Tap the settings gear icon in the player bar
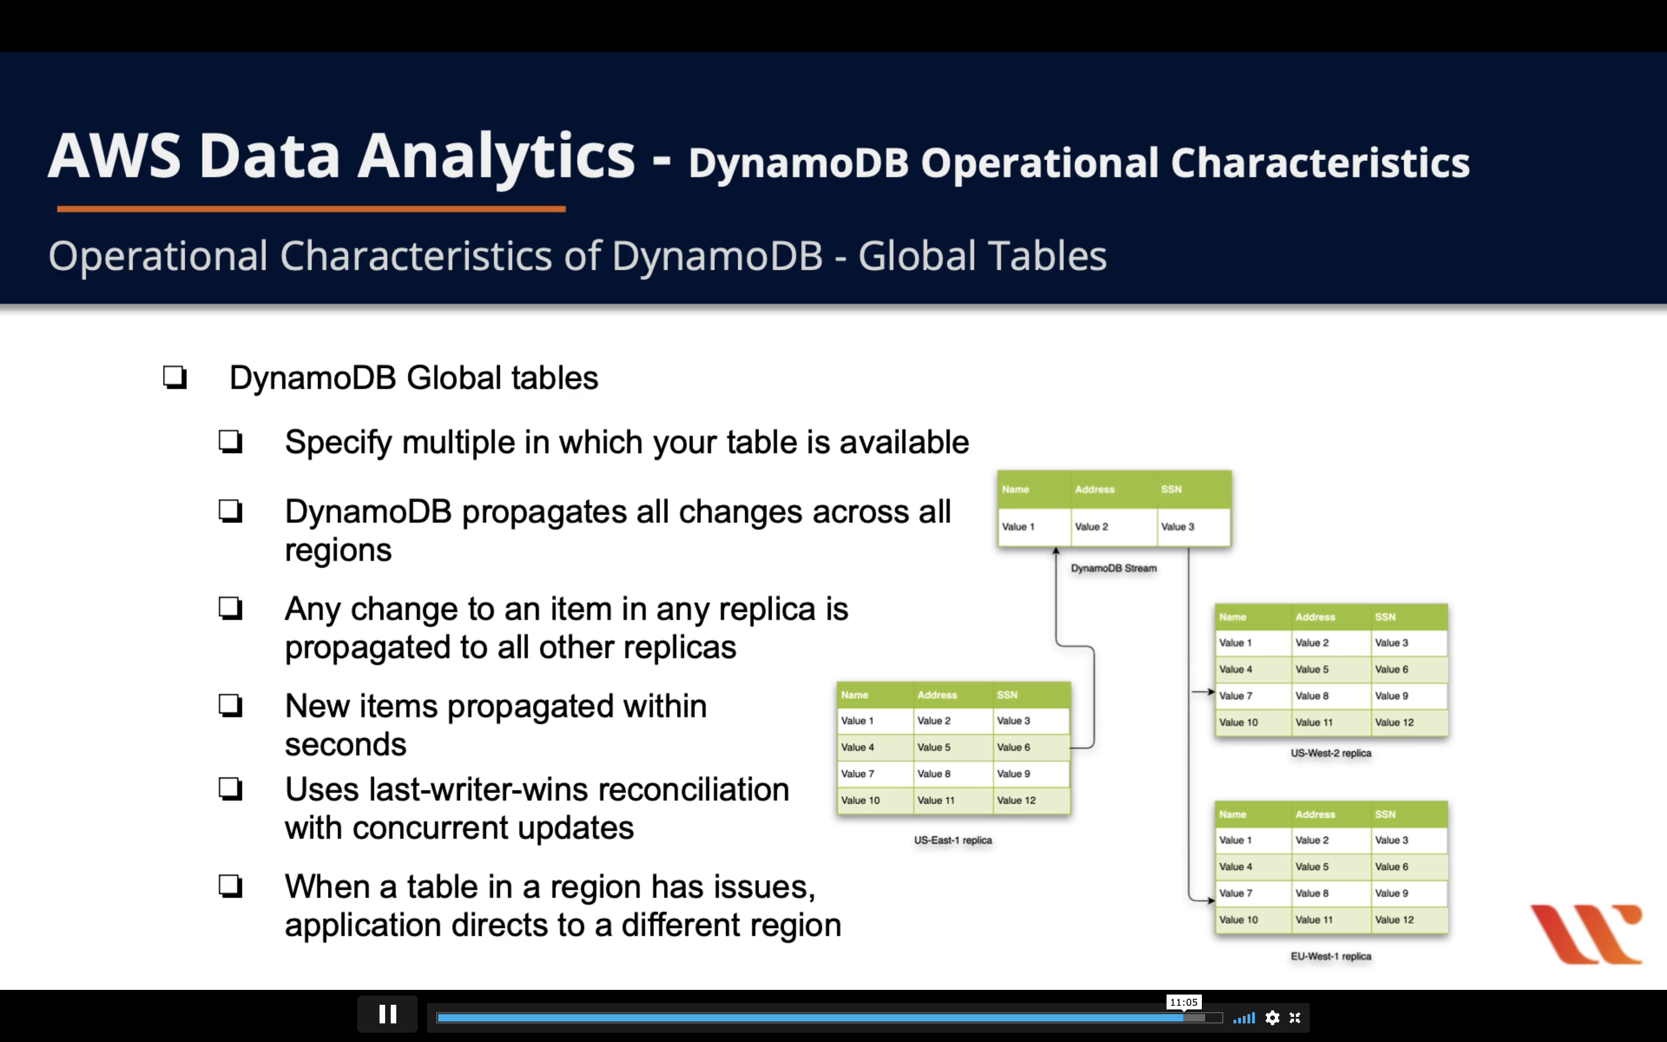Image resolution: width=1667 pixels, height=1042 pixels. point(1272,1018)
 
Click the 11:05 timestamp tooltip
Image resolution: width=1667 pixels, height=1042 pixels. point(1183,1002)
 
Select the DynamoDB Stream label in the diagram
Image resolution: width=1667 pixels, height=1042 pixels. point(1113,568)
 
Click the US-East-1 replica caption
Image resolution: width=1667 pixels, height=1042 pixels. point(953,840)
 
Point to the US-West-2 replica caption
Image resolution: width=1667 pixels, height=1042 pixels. point(1331,753)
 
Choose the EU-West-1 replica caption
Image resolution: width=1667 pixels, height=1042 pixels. point(1331,956)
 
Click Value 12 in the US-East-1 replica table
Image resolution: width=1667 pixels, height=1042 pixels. point(1016,801)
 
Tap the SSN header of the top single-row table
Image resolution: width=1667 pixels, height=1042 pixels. point(1171,489)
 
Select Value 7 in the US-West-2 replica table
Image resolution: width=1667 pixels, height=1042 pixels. point(1235,696)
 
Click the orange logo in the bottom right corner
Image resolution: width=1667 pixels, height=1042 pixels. point(1587,934)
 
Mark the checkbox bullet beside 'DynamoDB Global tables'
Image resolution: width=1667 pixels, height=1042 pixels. point(175,378)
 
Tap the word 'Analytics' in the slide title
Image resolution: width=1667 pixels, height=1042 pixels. point(496,157)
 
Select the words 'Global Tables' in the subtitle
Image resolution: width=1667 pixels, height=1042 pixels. point(982,256)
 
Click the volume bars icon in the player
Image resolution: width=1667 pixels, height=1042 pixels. point(1244,1018)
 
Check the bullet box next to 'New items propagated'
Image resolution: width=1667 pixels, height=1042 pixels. point(231,706)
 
